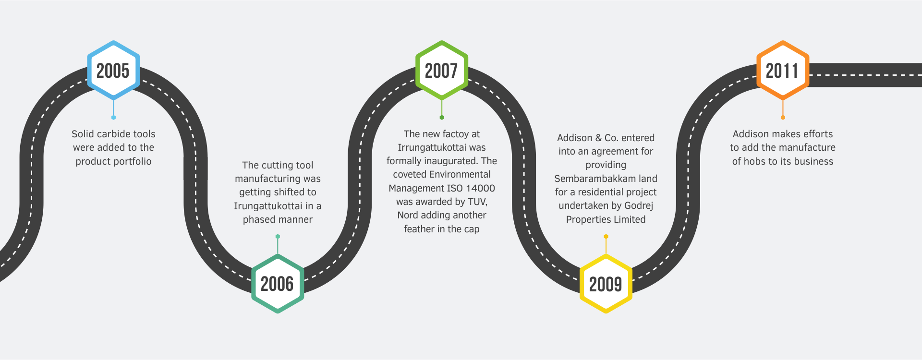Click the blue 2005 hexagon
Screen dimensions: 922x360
coord(113,70)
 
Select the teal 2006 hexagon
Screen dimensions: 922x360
coord(278,284)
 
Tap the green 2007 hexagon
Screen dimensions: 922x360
coord(442,70)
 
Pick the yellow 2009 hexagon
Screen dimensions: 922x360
coord(606,284)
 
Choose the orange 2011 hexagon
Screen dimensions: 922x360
coord(783,70)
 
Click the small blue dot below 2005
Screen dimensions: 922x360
coord(113,118)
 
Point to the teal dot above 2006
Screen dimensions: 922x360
coord(278,236)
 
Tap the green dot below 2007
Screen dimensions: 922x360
coord(442,118)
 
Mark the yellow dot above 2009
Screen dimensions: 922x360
coord(606,236)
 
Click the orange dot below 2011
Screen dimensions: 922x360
coord(783,118)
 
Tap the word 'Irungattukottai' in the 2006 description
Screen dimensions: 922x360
coord(267,206)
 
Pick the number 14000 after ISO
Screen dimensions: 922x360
coord(480,188)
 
